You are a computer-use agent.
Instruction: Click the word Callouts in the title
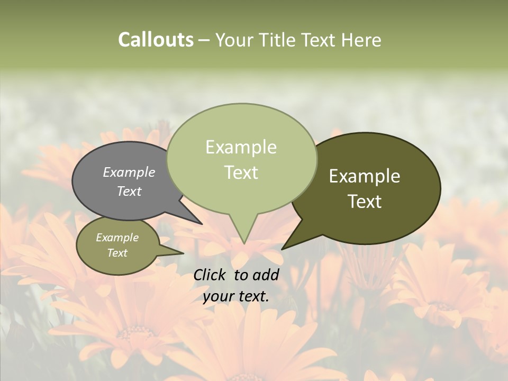coord(156,40)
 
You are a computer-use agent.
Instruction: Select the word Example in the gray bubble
coord(129,172)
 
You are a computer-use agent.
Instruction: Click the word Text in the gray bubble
coord(129,191)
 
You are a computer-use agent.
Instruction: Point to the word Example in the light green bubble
coord(241,147)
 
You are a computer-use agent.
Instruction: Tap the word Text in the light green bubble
coord(241,172)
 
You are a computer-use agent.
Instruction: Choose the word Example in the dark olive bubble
coord(365,176)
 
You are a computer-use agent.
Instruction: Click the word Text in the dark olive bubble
coord(365,201)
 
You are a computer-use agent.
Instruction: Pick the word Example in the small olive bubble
coord(117,238)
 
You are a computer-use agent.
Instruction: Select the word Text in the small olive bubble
coord(117,253)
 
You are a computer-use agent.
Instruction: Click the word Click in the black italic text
coord(211,275)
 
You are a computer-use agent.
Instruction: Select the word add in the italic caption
coord(266,275)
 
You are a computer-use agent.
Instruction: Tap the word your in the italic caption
coord(218,296)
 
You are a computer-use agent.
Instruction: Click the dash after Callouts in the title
coord(204,40)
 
